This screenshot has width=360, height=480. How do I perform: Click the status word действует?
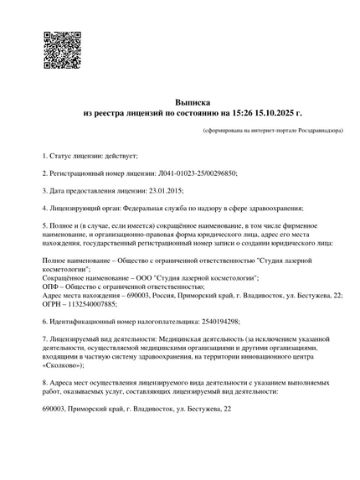click(x=119, y=157)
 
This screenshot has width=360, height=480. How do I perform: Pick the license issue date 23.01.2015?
click(x=153, y=191)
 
